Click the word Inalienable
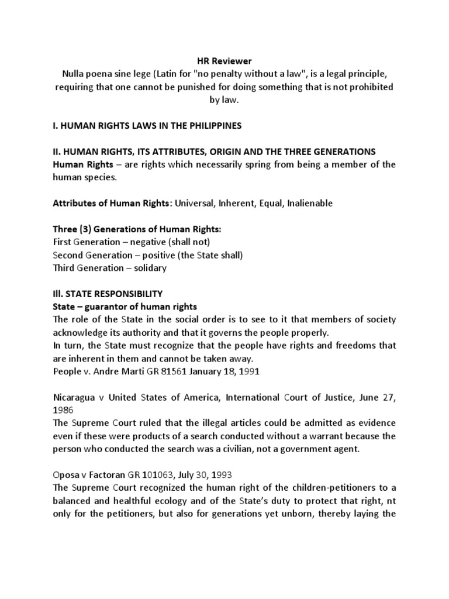[305, 203]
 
